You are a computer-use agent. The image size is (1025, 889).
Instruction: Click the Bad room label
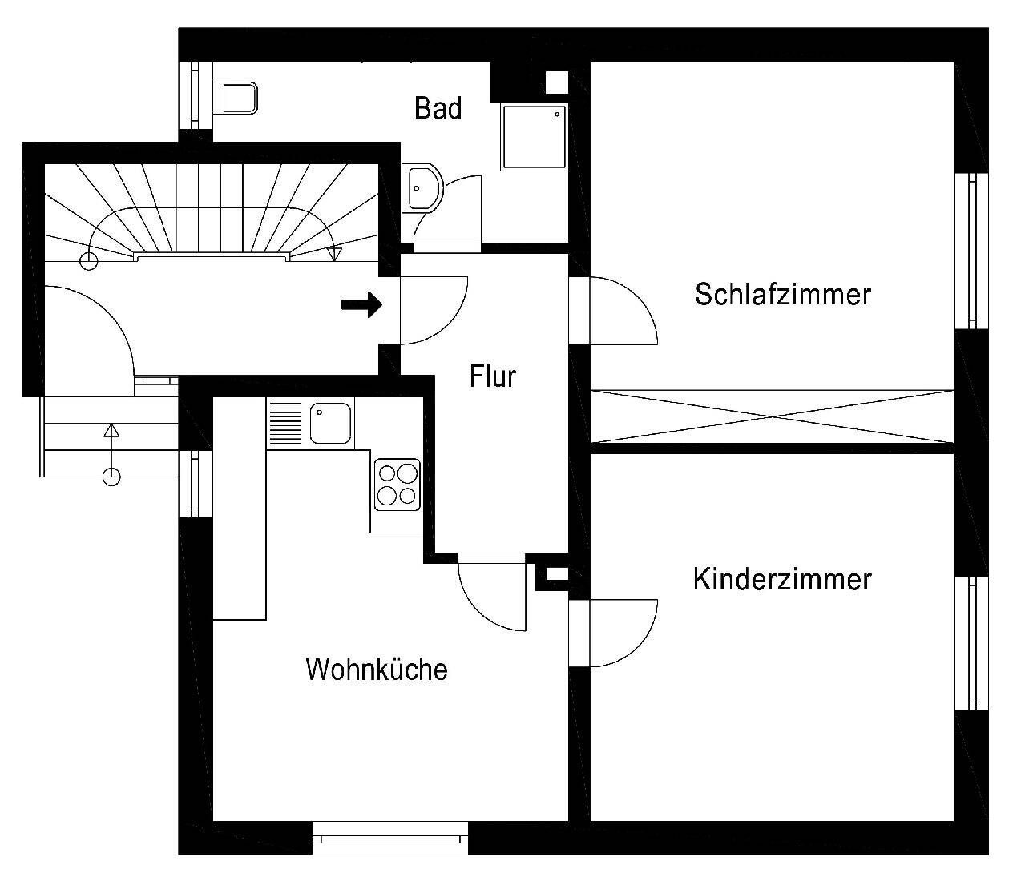[438, 107]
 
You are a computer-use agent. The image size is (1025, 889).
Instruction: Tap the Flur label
[492, 376]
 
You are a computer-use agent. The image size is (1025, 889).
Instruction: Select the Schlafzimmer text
[782, 294]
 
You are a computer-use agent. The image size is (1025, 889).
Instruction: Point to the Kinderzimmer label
[781, 579]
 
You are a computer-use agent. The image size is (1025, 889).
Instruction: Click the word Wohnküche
[376, 669]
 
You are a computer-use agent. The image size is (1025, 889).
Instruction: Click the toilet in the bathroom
[238, 97]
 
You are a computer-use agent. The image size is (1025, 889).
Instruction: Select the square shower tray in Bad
[533, 136]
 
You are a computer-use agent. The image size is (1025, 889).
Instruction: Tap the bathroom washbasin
[422, 189]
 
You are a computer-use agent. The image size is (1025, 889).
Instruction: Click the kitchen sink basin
[330, 423]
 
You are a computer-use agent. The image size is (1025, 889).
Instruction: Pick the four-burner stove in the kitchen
[397, 485]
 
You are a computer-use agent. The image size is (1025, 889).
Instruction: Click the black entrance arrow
[362, 304]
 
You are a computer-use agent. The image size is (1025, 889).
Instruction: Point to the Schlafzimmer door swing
[621, 308]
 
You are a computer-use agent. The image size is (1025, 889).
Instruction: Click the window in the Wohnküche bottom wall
[389, 839]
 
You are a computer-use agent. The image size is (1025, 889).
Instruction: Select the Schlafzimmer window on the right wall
[972, 251]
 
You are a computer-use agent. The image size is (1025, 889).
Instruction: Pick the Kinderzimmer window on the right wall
[972, 644]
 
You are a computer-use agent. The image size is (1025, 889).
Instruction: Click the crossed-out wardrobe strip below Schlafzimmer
[771, 416]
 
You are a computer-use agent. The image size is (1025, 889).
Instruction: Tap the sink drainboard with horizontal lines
[285, 422]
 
